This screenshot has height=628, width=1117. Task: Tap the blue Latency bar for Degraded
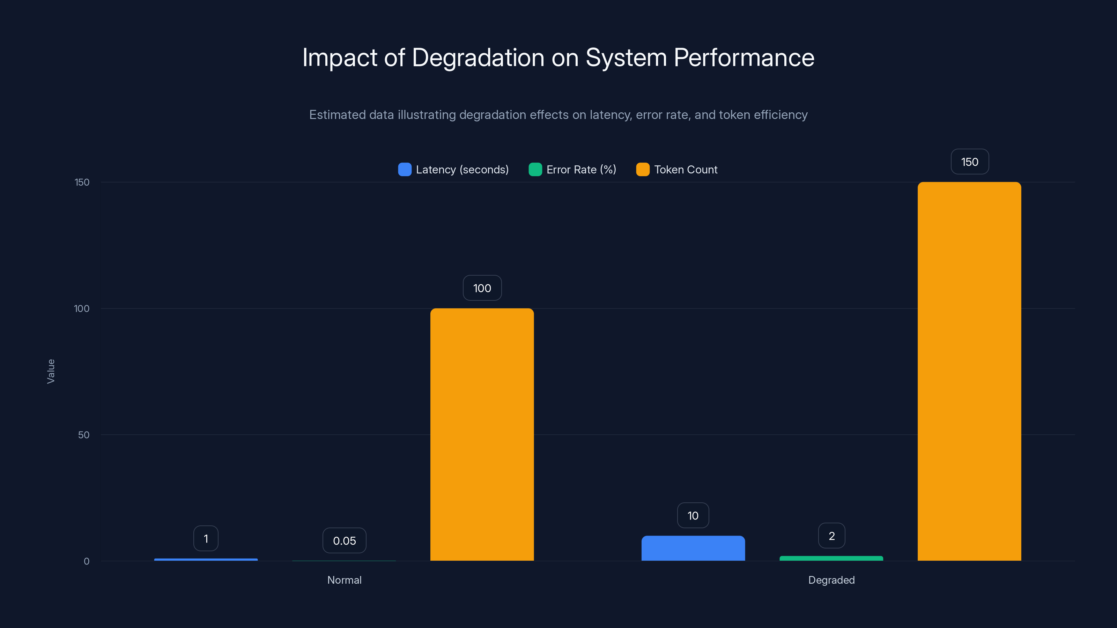pos(693,548)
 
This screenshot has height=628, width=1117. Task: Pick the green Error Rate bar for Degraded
pos(831,558)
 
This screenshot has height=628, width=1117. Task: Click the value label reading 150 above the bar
pos(970,162)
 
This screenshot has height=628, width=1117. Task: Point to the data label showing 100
pos(482,288)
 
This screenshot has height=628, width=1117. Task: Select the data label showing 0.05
pos(344,540)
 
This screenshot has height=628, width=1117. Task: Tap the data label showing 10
pos(693,515)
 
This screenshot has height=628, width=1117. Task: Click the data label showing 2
pos(831,536)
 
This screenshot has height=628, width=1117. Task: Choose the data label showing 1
pos(206,538)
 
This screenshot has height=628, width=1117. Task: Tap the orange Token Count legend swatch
pos(642,170)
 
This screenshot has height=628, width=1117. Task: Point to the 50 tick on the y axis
pos(84,435)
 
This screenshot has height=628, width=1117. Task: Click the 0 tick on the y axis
pos(86,561)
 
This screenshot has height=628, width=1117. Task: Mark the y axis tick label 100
pos(82,308)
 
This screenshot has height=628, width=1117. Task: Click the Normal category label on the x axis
pos(344,580)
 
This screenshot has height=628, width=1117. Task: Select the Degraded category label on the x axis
pos(831,580)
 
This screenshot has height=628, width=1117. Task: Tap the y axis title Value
pos(51,371)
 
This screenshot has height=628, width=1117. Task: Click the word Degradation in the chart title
pos(478,58)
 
